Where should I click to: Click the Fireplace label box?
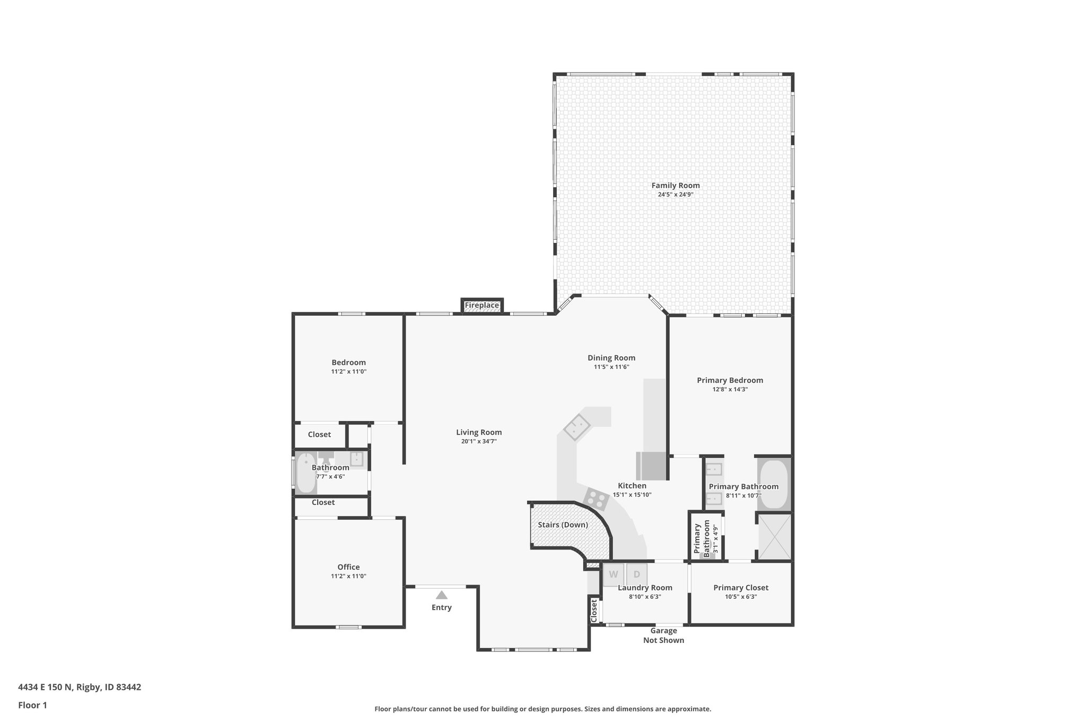(481, 306)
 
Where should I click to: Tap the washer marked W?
(614, 574)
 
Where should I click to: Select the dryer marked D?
(637, 574)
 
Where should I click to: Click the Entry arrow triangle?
(441, 595)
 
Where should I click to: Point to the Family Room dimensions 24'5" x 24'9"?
(676, 195)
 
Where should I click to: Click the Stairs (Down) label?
(563, 525)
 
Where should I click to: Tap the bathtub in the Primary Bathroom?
(774, 484)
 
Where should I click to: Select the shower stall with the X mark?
(774, 537)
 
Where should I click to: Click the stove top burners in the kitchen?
(597, 499)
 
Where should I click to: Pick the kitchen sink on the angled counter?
(577, 427)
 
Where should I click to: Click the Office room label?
(348, 567)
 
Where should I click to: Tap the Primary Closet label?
(740, 587)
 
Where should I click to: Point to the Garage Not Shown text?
(663, 635)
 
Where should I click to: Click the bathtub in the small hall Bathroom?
(305, 472)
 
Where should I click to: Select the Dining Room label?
(611, 357)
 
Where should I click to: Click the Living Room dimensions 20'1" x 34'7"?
(478, 441)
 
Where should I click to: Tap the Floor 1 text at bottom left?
(32, 705)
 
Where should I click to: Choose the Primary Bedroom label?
(730, 380)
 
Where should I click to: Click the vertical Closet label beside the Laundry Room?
(594, 610)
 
